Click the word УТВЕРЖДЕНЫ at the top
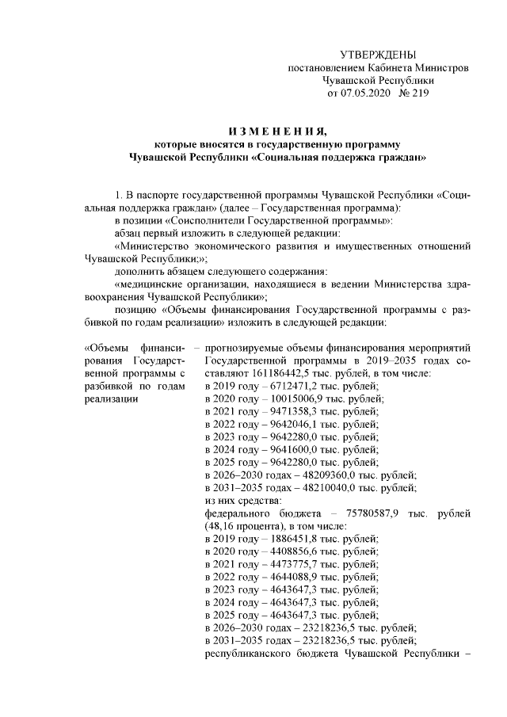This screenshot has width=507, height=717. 377,55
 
